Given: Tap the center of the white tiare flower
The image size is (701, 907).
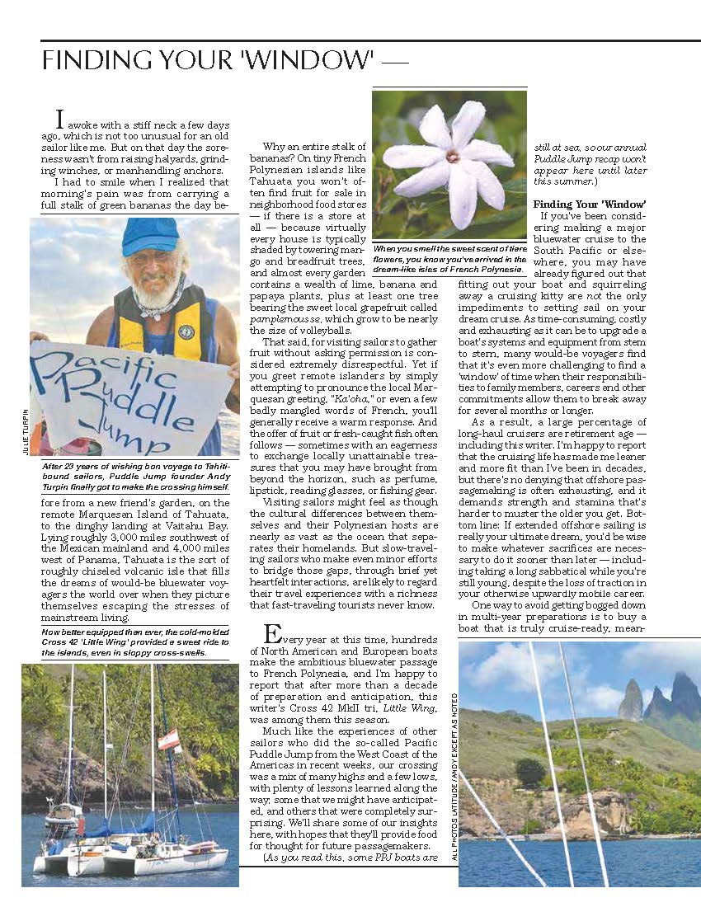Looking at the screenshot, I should pyautogui.click(x=452, y=155).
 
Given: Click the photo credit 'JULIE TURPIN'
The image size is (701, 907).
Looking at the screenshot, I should pyautogui.click(x=25, y=432).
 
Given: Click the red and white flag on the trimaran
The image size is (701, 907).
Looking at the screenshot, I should pyautogui.click(x=168, y=740).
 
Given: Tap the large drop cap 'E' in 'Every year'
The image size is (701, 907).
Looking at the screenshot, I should pyautogui.click(x=272, y=634).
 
